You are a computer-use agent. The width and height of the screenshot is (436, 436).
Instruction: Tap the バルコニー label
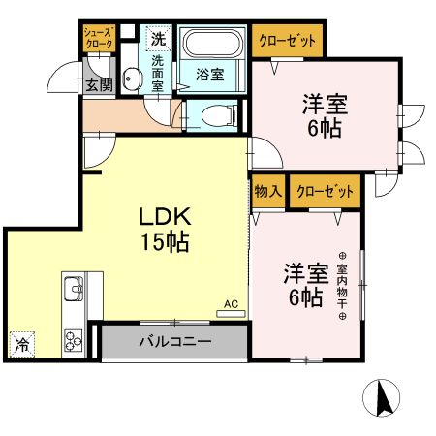[173, 341]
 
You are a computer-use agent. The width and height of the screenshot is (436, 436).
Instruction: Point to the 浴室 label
[209, 74]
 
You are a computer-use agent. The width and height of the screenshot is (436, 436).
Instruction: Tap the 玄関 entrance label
[99, 85]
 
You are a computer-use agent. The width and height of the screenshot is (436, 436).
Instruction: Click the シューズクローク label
[98, 38]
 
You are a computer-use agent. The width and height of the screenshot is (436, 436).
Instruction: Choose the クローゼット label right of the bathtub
[288, 42]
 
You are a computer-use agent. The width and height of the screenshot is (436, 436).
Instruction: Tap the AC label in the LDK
[231, 304]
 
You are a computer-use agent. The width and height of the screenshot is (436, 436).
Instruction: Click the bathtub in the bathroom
[213, 45]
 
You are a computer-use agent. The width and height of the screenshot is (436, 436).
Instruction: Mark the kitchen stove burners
[74, 338]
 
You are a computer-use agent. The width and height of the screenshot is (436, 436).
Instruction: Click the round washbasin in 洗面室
[132, 77]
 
